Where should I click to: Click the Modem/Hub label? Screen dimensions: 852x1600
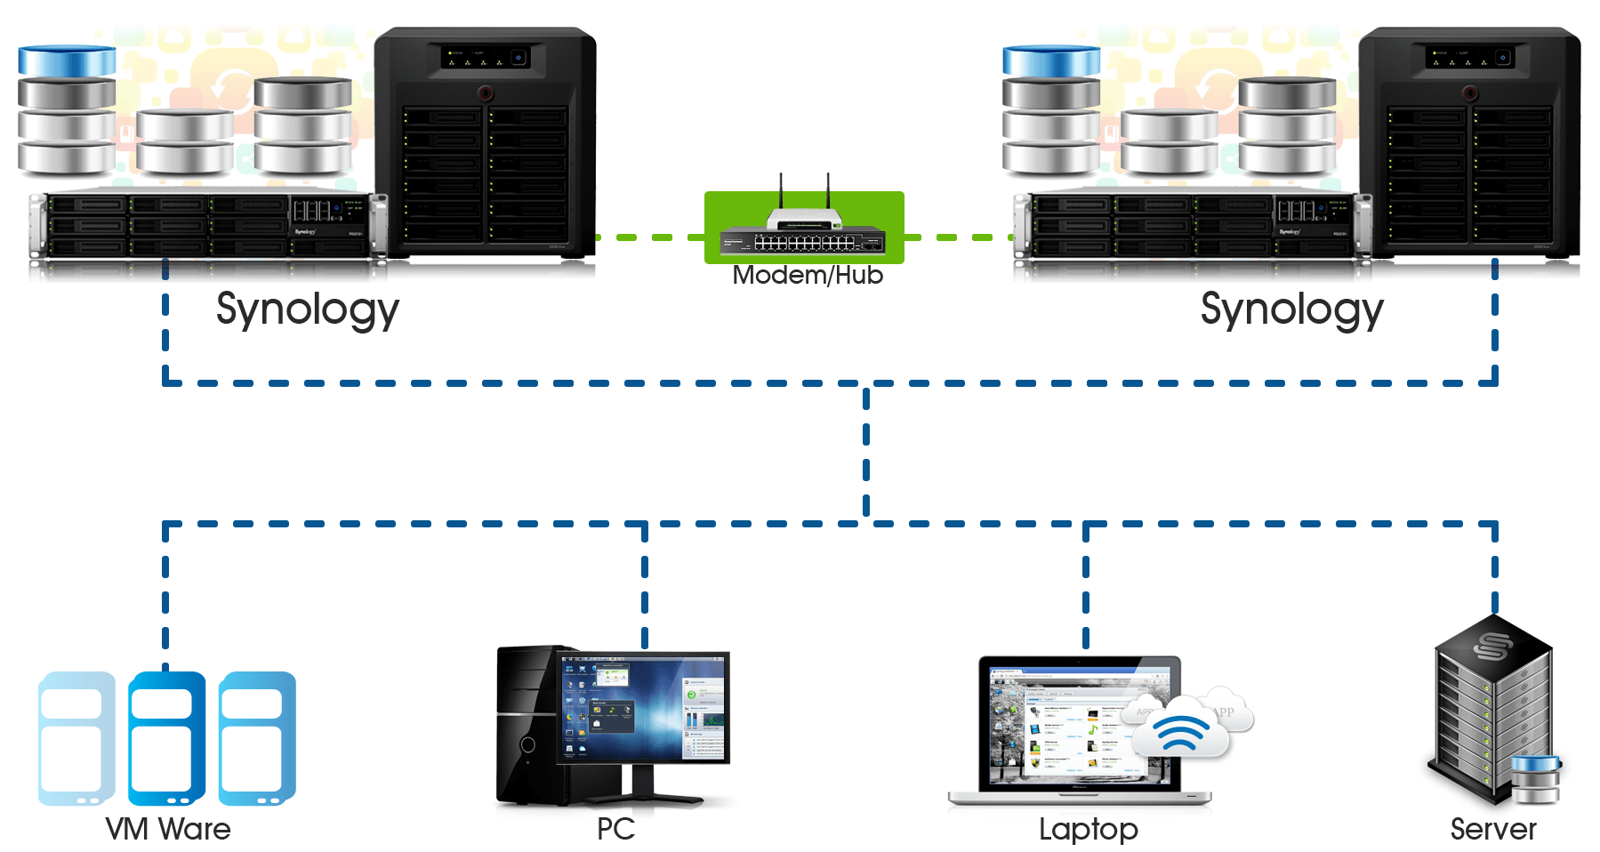[808, 276]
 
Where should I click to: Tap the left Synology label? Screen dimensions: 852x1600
[308, 309]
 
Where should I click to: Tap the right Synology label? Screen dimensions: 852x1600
[1291, 309]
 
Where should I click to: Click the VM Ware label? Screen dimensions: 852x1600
[168, 829]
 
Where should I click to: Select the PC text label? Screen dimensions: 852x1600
[615, 829]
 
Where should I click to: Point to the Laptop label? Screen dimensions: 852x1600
[1088, 829]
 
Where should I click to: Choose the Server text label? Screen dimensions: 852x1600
[1493, 829]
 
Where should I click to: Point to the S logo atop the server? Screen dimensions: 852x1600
[1492, 647]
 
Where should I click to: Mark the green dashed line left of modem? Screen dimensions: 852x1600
[649, 237]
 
